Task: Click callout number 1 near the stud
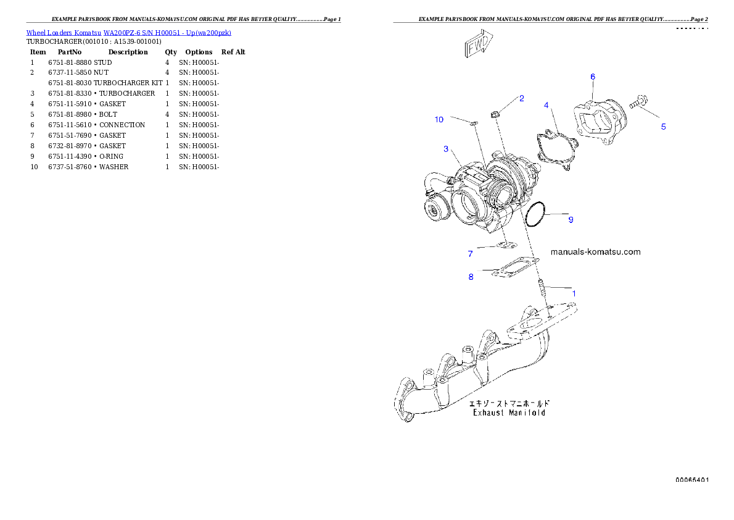point(574,293)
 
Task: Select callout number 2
point(521,98)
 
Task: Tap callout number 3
point(445,149)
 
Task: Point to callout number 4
point(546,106)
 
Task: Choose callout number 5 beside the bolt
point(663,127)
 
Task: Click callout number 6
point(593,77)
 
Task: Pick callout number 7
point(470,253)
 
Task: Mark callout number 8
point(471,277)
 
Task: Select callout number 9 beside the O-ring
point(571,220)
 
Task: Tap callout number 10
point(439,119)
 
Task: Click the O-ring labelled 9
point(535,213)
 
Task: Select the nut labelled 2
point(494,113)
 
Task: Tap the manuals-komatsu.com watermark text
point(595,252)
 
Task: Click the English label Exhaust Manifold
point(509,413)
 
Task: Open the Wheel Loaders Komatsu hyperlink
point(128,33)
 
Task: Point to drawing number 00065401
point(691,480)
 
